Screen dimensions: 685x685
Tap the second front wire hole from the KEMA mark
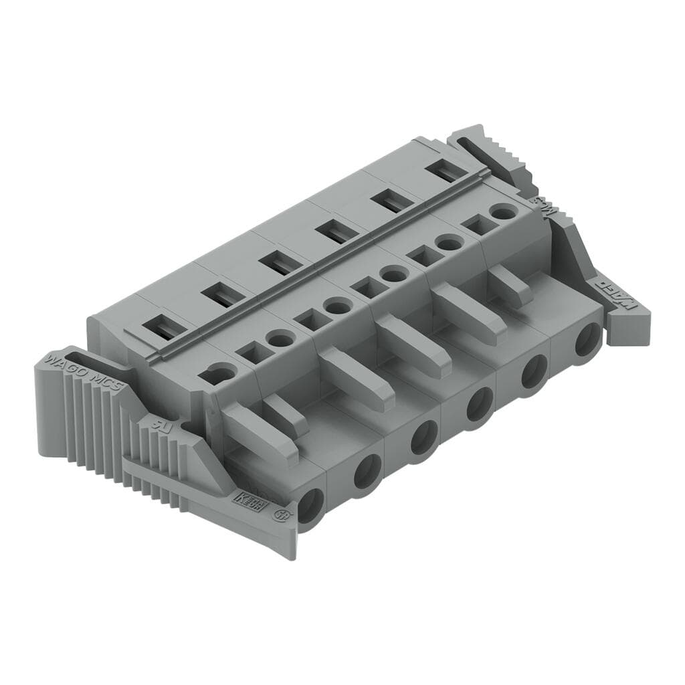pos(367,470)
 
